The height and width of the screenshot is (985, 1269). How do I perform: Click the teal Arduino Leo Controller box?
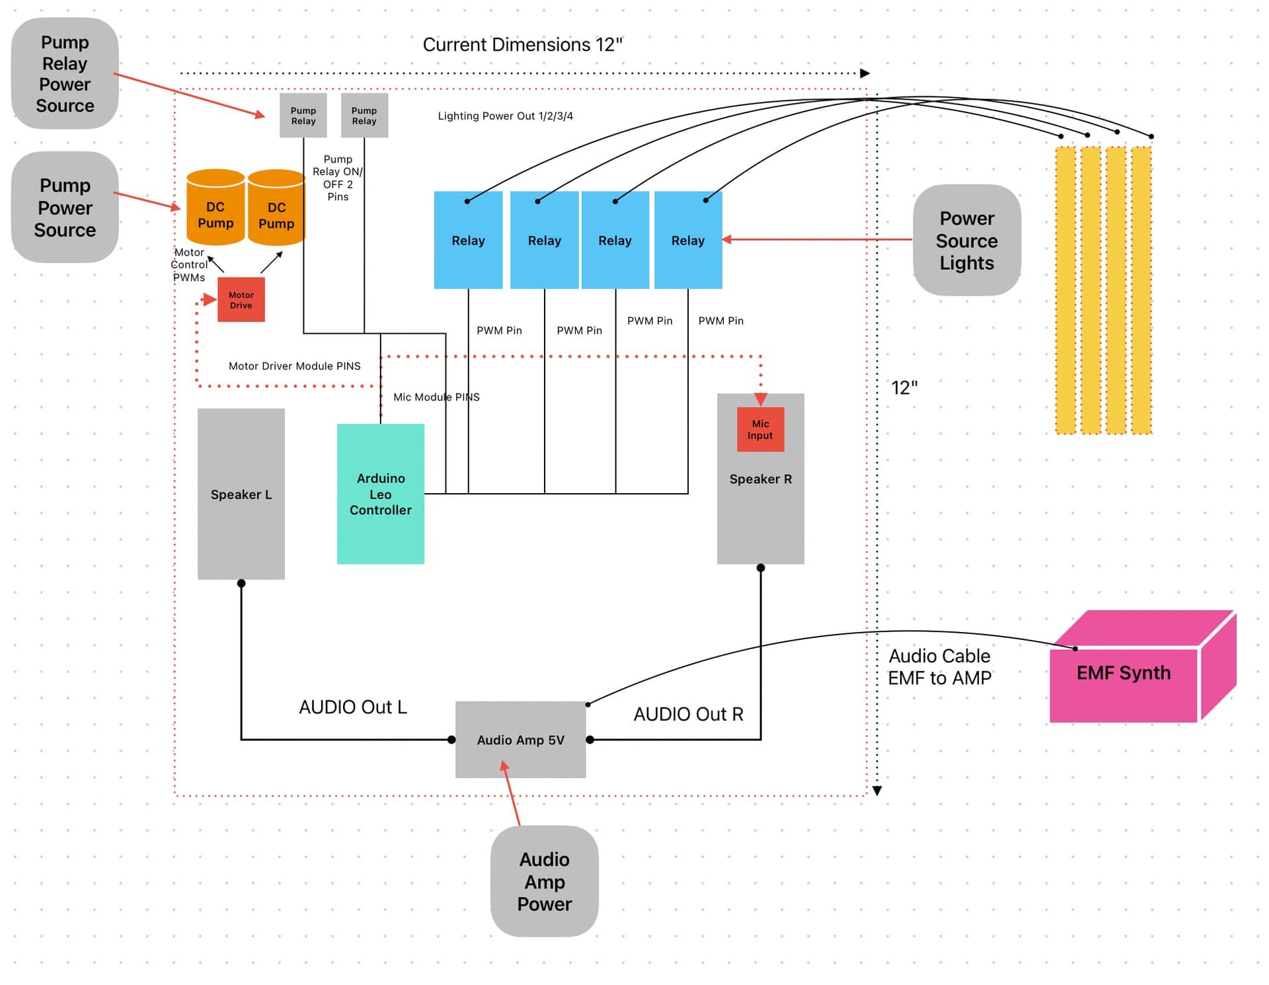[x=380, y=494]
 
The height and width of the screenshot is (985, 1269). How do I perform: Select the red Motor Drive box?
[x=241, y=300]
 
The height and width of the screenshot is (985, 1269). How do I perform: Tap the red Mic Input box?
[x=760, y=430]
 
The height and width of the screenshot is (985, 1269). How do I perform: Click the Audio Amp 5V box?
[x=520, y=740]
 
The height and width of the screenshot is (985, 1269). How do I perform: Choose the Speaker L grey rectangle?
[x=241, y=494]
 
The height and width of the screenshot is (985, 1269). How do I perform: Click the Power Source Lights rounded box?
[x=966, y=240]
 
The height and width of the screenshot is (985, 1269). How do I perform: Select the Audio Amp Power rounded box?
[x=544, y=881]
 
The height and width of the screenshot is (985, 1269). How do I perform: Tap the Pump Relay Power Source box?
[x=65, y=73]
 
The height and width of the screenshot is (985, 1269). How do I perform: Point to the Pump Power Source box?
[x=65, y=207]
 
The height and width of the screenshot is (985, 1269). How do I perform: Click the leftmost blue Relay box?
[x=468, y=240]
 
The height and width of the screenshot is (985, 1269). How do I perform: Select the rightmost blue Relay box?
[x=688, y=240]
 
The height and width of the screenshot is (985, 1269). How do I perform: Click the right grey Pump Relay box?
[x=364, y=116]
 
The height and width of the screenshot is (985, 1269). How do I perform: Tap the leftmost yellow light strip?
[x=1065, y=291]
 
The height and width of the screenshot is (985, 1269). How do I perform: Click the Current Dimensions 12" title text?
[x=522, y=45]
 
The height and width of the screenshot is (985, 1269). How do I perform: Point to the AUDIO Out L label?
[x=353, y=707]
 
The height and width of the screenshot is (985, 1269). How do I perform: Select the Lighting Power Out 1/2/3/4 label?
[x=505, y=116]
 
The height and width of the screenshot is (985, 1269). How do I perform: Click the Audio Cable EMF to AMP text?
[x=939, y=667]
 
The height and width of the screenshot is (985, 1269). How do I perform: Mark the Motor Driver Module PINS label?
[x=294, y=366]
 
